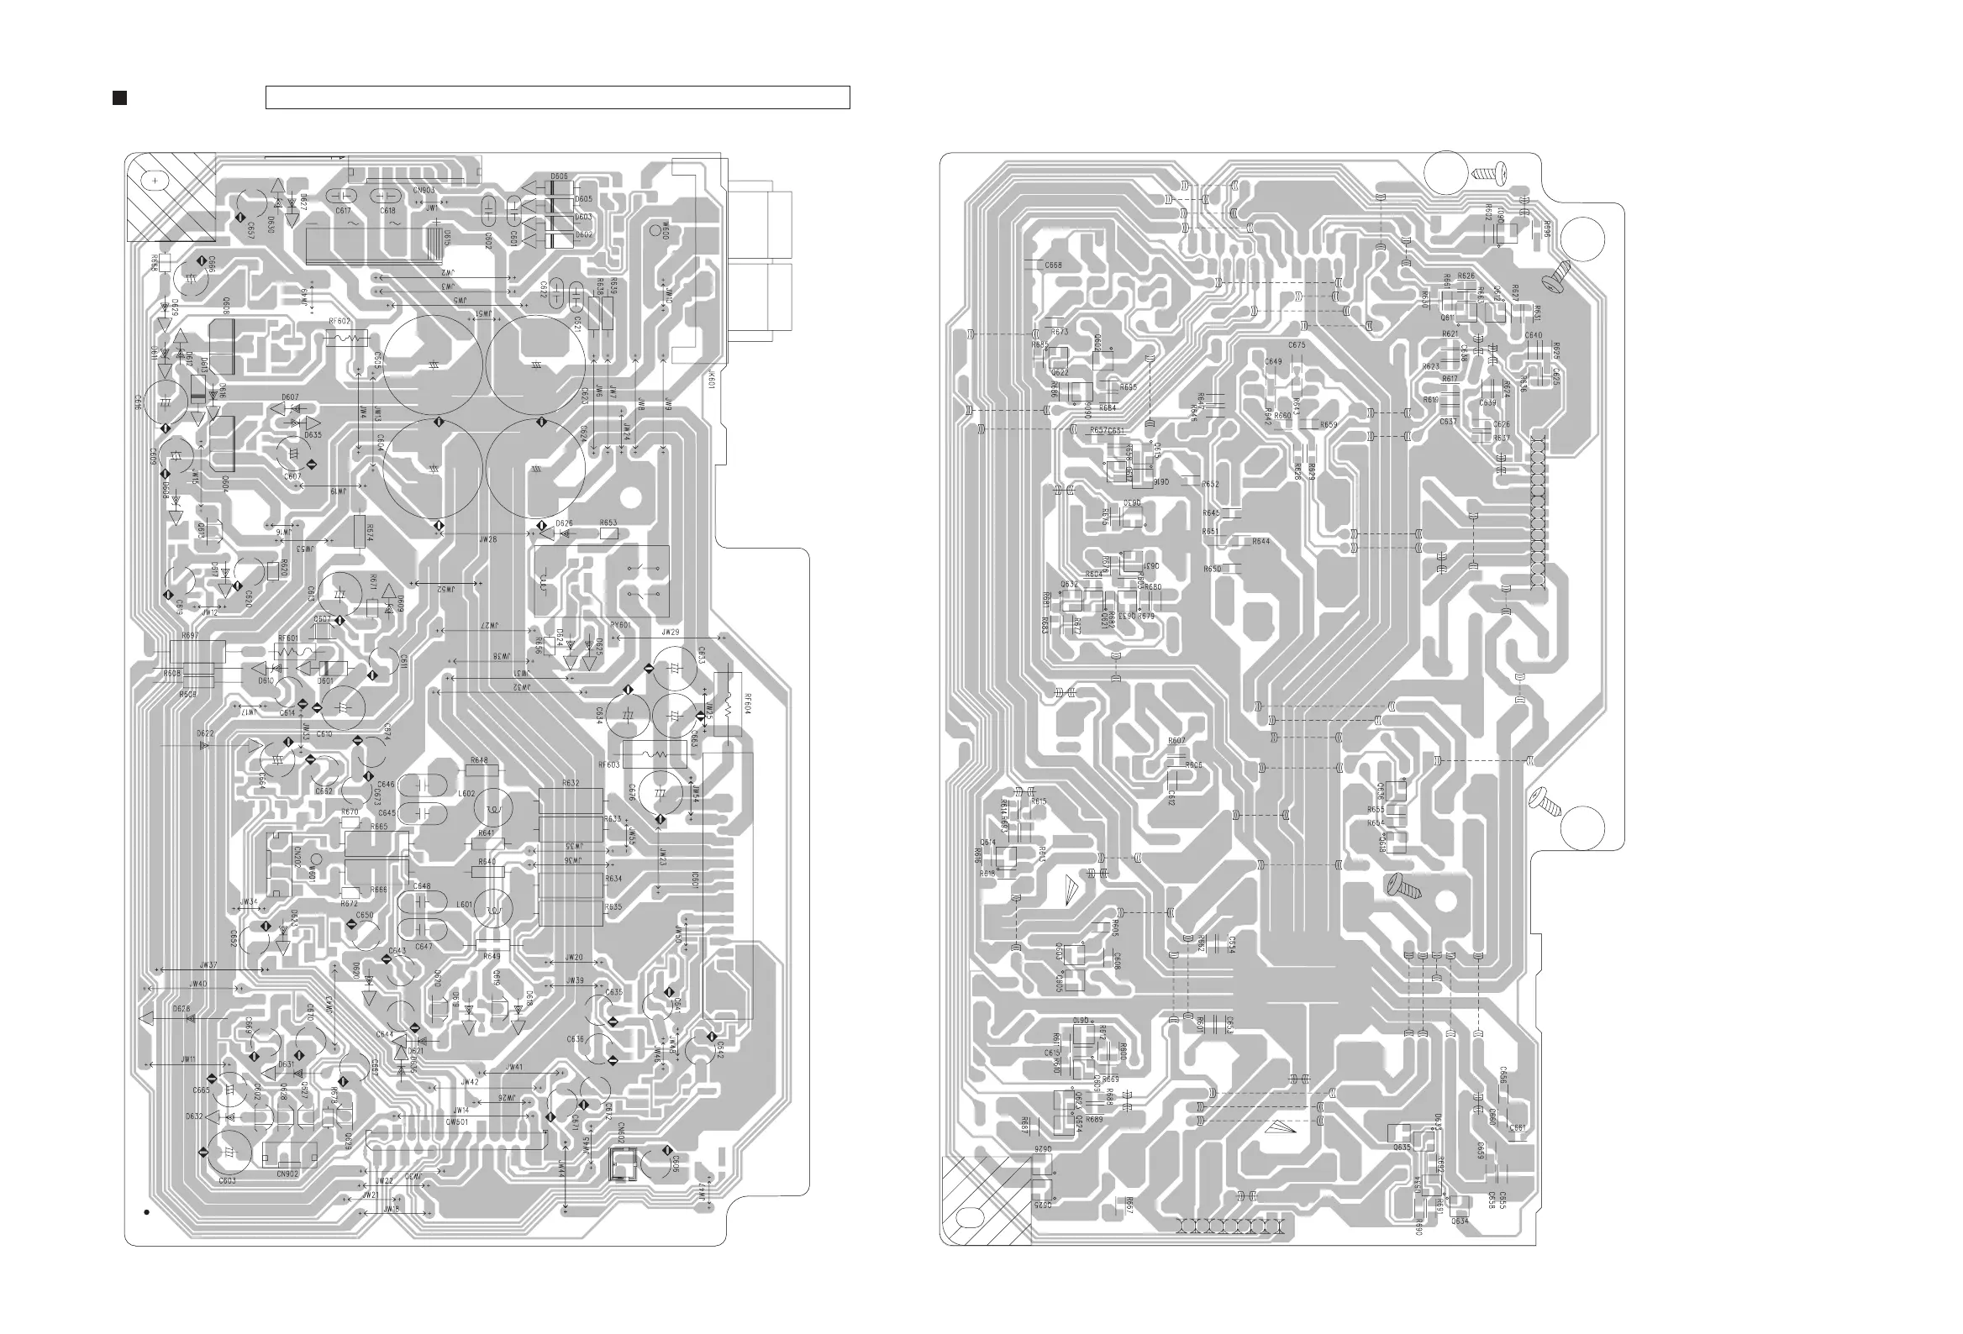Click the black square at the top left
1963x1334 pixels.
click(x=120, y=98)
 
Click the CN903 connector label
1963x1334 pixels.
click(x=424, y=191)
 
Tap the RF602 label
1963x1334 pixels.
click(x=339, y=321)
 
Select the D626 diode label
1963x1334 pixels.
click(x=564, y=523)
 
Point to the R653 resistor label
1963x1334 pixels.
click(x=608, y=523)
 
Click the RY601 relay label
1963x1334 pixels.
click(x=621, y=626)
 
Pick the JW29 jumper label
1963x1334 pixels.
click(x=671, y=632)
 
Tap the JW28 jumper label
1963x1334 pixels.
click(x=487, y=538)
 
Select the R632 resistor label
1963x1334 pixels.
click(x=570, y=784)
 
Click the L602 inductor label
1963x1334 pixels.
click(x=466, y=794)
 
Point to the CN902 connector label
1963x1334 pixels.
click(x=287, y=1174)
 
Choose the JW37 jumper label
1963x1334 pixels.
click(x=208, y=965)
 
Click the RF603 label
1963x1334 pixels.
click(x=609, y=765)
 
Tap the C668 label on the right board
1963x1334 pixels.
click(x=1053, y=265)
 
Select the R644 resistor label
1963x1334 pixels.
click(x=1260, y=541)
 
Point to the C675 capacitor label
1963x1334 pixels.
click(x=1297, y=345)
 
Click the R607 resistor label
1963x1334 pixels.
click(x=1176, y=740)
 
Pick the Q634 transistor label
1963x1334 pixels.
click(x=1460, y=1221)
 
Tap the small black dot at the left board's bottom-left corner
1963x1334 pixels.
click(x=146, y=1212)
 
